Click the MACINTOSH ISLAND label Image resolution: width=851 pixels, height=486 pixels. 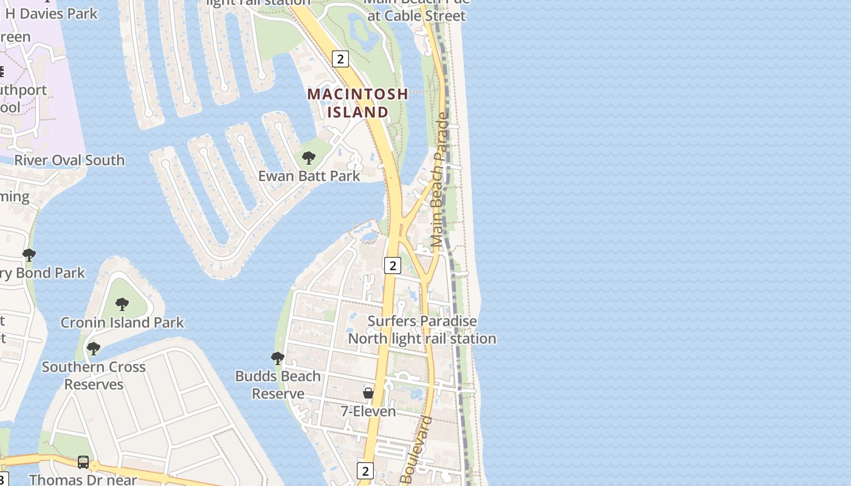pyautogui.click(x=357, y=103)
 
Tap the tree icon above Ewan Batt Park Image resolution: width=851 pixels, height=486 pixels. pyautogui.click(x=308, y=158)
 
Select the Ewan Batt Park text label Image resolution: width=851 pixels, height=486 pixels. pyautogui.click(x=309, y=176)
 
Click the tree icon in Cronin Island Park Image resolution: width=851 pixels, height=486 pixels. pyautogui.click(x=122, y=304)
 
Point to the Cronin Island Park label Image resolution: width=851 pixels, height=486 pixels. pyautogui.click(x=122, y=323)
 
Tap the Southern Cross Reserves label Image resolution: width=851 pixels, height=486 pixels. pyautogui.click(x=94, y=375)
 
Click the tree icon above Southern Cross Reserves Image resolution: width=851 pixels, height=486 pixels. pyautogui.click(x=93, y=348)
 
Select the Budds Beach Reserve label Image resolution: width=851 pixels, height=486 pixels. pyautogui.click(x=278, y=385)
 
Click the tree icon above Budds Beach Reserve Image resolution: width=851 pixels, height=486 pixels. pyautogui.click(x=277, y=358)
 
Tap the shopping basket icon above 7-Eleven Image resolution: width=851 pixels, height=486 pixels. pyautogui.click(x=368, y=393)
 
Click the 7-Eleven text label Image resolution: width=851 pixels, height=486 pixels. pyautogui.click(x=368, y=411)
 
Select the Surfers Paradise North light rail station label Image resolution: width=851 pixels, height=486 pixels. pyautogui.click(x=422, y=330)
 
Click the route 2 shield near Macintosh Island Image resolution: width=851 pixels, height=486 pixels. pyautogui.click(x=340, y=59)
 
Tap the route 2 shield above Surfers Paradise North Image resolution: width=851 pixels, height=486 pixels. pyautogui.click(x=393, y=265)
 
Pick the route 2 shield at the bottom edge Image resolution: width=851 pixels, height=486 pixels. pyautogui.click(x=365, y=470)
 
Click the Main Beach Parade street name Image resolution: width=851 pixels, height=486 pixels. pyautogui.click(x=440, y=179)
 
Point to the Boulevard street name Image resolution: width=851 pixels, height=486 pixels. pyautogui.click(x=416, y=450)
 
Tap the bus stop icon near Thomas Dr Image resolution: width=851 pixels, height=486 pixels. pyautogui.click(x=83, y=462)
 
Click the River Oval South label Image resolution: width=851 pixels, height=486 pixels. pyautogui.click(x=69, y=160)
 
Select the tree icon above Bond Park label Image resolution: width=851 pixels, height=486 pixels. pyautogui.click(x=29, y=255)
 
